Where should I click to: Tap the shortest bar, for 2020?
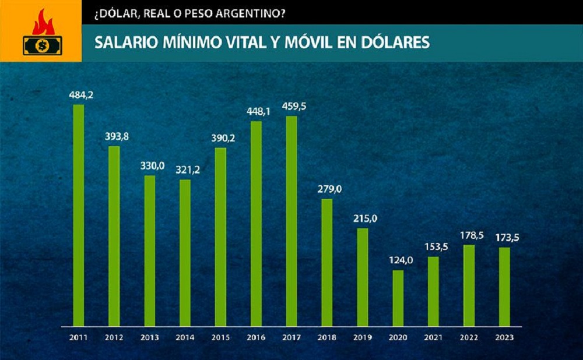tap(398, 297)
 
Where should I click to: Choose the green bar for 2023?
tap(504, 286)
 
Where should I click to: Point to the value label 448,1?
tap(255, 111)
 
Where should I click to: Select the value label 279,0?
tap(326, 189)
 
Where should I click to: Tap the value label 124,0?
tap(398, 260)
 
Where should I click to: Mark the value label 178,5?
tap(469, 235)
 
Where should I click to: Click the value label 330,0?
tap(149, 165)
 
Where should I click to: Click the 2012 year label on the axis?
tap(114, 337)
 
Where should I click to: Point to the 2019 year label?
tap(363, 337)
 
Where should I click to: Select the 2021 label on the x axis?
tap(434, 337)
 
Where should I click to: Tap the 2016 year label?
tap(256, 337)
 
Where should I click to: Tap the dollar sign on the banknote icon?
tap(41, 45)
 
